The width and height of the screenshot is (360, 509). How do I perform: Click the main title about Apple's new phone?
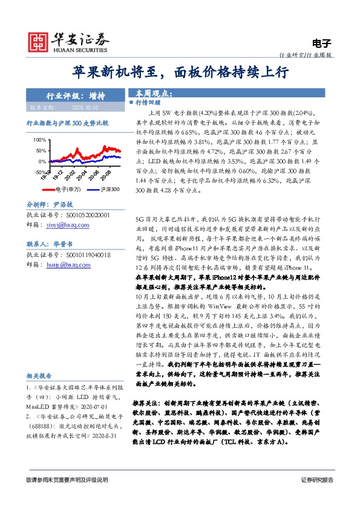click(180, 72)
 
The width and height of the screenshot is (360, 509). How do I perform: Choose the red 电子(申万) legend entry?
click(58, 190)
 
